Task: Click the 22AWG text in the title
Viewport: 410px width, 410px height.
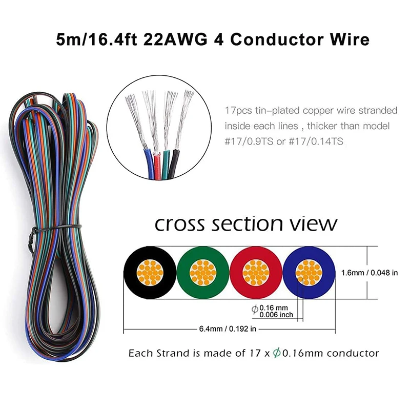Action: pos(179,39)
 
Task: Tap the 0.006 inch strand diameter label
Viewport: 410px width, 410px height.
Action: pos(277,315)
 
